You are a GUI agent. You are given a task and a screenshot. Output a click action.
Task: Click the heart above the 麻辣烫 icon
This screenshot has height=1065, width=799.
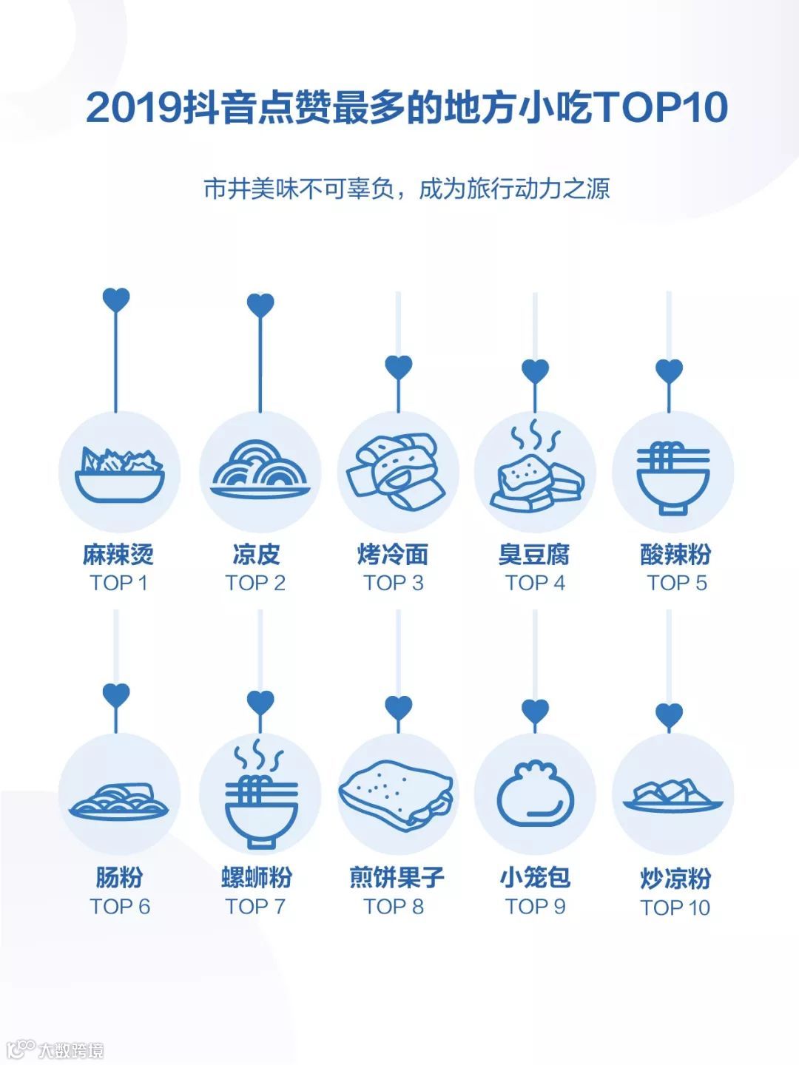[116, 300]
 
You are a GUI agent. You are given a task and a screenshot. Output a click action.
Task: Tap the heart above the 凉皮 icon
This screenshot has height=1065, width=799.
[260, 305]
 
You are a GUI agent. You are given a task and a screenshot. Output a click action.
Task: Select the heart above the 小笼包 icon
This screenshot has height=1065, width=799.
[535, 711]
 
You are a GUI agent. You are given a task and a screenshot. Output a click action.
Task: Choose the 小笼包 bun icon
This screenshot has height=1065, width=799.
[535, 795]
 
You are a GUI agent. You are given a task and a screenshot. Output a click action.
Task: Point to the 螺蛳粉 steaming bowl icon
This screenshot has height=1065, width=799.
[260, 795]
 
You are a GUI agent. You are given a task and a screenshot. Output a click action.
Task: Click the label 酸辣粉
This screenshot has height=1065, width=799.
[676, 555]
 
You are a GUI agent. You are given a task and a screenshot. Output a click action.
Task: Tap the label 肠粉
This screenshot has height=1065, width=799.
[119, 878]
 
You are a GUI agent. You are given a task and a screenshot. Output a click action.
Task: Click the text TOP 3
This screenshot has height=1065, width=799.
[394, 584]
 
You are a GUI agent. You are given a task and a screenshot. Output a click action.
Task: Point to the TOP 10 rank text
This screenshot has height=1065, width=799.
[675, 907]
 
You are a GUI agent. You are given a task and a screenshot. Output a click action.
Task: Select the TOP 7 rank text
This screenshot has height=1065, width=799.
[255, 907]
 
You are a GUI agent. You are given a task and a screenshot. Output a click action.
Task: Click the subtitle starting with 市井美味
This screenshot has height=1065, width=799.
[407, 189]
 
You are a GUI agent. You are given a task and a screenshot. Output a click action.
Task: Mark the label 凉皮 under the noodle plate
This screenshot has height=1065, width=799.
[256, 555]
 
